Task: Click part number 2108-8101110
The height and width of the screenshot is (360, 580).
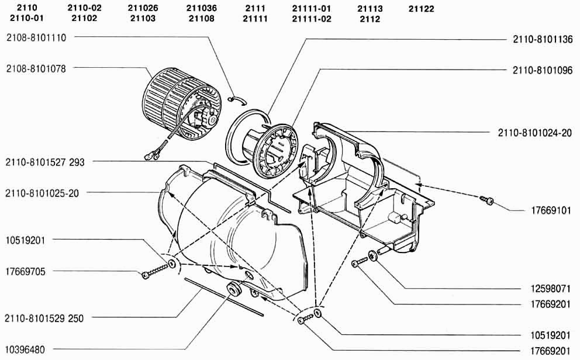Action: pos(36,38)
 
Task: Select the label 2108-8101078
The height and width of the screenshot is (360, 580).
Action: pos(36,69)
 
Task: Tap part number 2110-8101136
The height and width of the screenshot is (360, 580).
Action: pos(543,39)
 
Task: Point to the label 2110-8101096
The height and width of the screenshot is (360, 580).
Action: pos(543,70)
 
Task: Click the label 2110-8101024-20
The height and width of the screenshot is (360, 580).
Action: pos(535,133)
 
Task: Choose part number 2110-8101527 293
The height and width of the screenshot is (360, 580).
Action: pos(45,162)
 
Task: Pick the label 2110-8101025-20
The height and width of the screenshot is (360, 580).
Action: pos(42,193)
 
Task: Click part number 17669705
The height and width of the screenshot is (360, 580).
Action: pos(26,272)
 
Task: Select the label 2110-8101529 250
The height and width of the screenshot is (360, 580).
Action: pos(44,319)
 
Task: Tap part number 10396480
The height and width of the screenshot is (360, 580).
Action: pos(25,349)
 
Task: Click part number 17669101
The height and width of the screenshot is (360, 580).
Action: pos(551,210)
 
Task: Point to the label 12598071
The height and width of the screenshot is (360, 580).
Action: pos(551,289)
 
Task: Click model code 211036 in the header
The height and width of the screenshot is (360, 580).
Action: pos(202,8)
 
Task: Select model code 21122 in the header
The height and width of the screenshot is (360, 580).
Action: pos(422,9)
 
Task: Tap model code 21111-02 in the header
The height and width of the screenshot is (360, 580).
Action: pos(312,19)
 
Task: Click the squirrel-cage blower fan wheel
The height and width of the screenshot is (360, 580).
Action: pos(181,105)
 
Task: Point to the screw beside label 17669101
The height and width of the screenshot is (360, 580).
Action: pos(487,200)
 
